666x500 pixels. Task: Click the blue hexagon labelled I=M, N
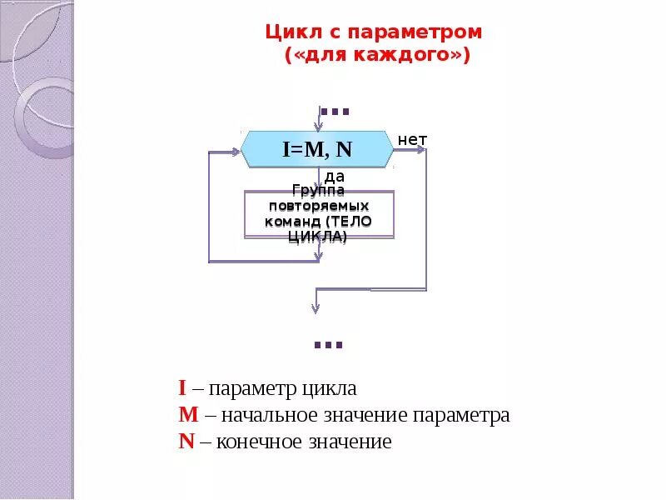click(317, 150)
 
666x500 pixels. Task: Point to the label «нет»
click(412, 140)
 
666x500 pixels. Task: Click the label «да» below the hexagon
click(334, 177)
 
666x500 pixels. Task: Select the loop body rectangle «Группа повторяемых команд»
click(318, 214)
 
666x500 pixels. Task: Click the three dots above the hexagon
click(334, 112)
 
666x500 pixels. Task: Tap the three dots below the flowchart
click(328, 343)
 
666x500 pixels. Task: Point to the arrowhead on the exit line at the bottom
click(316, 308)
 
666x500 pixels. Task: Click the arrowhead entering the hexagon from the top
click(317, 126)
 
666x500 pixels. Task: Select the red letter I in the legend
click(181, 388)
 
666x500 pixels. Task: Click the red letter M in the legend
click(186, 415)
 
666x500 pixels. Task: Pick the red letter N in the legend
click(186, 442)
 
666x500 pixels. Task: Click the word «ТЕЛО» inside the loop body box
click(350, 222)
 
